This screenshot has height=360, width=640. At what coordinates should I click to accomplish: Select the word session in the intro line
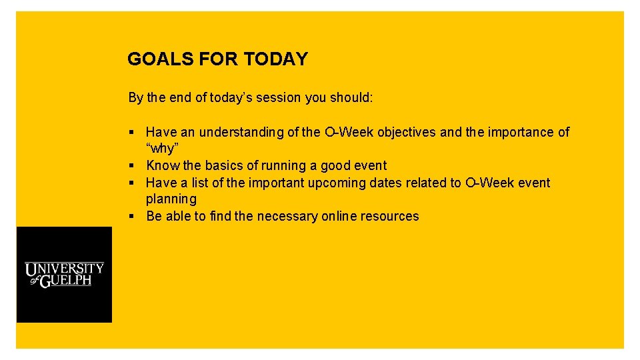(x=277, y=98)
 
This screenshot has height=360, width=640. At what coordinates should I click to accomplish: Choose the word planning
(x=171, y=199)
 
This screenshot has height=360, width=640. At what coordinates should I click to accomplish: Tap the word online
(x=339, y=216)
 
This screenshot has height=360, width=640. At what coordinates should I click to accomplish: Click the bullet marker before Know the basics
(x=132, y=166)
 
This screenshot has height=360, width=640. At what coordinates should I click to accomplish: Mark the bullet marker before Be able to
(x=132, y=217)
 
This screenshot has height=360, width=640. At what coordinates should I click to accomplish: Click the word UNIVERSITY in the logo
(x=65, y=269)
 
